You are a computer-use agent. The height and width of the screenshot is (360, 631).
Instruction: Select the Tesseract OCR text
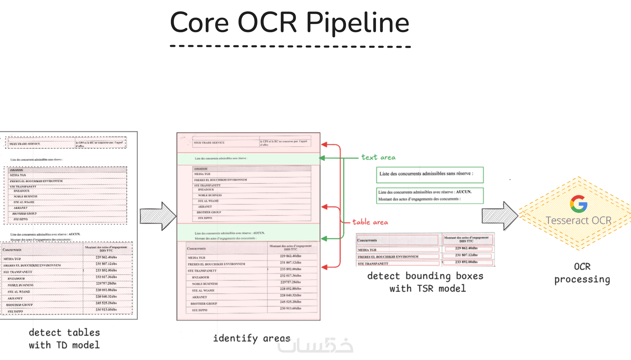click(578, 220)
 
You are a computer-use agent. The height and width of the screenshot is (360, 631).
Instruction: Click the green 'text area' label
click(378, 157)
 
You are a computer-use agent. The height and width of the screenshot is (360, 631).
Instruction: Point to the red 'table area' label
click(370, 222)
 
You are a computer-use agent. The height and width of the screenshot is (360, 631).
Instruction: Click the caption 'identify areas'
click(251, 338)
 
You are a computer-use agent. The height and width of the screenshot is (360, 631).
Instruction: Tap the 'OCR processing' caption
click(582, 273)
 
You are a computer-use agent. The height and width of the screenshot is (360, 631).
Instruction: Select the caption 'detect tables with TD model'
click(64, 338)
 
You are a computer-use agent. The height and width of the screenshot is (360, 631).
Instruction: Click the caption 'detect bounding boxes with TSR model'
click(425, 282)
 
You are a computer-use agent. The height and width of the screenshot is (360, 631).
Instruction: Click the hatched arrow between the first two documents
click(158, 216)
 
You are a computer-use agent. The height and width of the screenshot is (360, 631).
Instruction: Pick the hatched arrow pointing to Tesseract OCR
click(500, 216)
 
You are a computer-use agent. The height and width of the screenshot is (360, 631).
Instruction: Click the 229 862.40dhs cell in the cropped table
click(467, 248)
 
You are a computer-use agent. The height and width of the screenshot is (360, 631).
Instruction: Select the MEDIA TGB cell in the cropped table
click(367, 250)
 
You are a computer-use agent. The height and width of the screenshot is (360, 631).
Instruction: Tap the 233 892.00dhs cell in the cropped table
click(467, 262)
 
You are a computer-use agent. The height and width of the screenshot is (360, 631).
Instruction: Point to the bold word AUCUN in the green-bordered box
click(464, 192)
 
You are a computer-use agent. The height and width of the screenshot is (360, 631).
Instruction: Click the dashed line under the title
click(290, 46)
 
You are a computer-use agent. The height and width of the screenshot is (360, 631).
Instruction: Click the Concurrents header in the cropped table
click(367, 240)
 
